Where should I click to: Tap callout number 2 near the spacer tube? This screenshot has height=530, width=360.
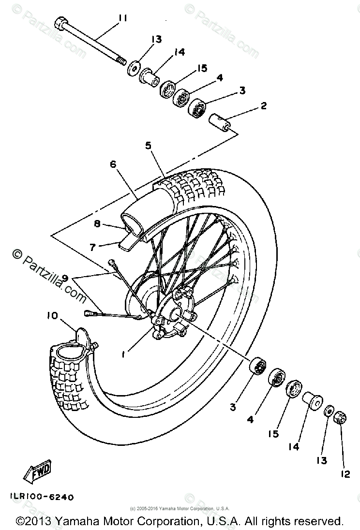263,106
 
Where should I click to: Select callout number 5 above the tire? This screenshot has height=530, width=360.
148,145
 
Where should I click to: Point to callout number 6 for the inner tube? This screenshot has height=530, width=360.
113,164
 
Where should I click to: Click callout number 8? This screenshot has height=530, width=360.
97,224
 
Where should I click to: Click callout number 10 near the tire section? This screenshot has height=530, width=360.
52,316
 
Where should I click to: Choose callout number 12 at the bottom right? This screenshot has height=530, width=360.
345,474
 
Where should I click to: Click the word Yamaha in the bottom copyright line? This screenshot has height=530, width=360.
80,521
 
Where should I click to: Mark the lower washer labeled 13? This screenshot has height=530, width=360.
328,411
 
